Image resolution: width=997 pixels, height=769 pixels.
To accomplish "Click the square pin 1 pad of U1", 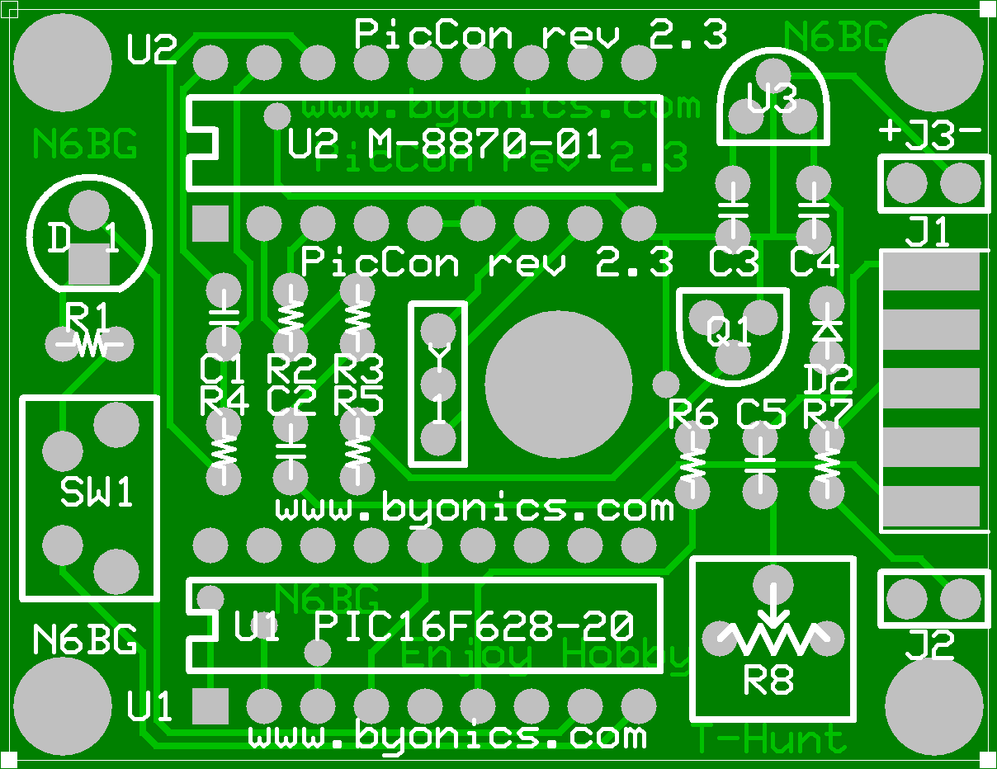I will (210, 706).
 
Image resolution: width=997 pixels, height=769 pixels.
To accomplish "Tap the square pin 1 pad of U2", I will (210, 223).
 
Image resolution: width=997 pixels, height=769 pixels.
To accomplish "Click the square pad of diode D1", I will (88, 267).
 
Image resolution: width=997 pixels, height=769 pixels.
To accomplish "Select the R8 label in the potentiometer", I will (768, 682).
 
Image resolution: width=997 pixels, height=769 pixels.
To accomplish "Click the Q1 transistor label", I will (730, 333).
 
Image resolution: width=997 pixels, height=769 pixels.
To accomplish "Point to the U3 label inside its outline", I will (772, 101).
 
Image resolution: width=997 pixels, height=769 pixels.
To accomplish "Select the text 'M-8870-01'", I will (486, 146).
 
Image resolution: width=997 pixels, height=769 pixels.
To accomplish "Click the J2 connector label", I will (930, 644).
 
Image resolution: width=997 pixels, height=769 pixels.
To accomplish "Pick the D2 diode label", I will (829, 380).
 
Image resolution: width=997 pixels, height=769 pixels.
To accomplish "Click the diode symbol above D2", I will (827, 329).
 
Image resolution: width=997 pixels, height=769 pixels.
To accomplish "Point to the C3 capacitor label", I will (734, 263).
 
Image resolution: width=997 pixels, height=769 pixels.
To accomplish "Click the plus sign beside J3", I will (891, 131).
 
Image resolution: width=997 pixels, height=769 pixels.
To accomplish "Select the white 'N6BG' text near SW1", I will (86, 639).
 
